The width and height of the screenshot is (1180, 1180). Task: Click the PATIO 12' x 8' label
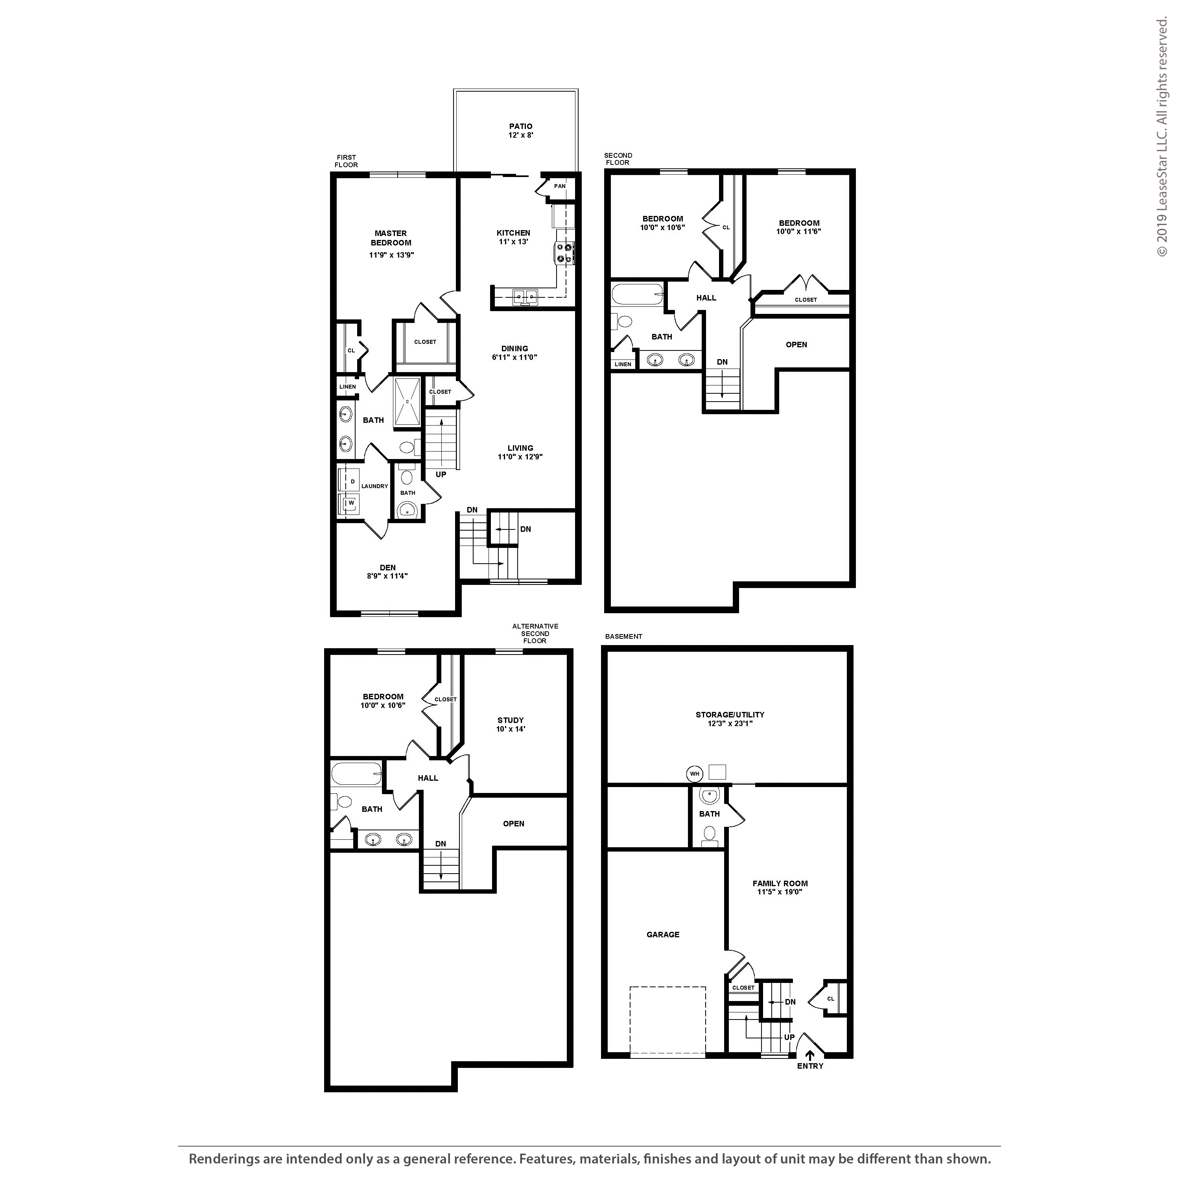click(520, 131)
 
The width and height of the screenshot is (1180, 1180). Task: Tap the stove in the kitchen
click(564, 253)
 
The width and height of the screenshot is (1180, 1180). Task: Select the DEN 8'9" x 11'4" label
click(387, 572)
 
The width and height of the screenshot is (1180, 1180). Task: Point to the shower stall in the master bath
click(407, 401)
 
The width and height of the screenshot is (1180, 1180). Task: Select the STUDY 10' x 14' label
click(510, 725)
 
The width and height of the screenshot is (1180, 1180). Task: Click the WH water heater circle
click(695, 774)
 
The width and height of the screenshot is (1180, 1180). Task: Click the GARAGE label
click(663, 935)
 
